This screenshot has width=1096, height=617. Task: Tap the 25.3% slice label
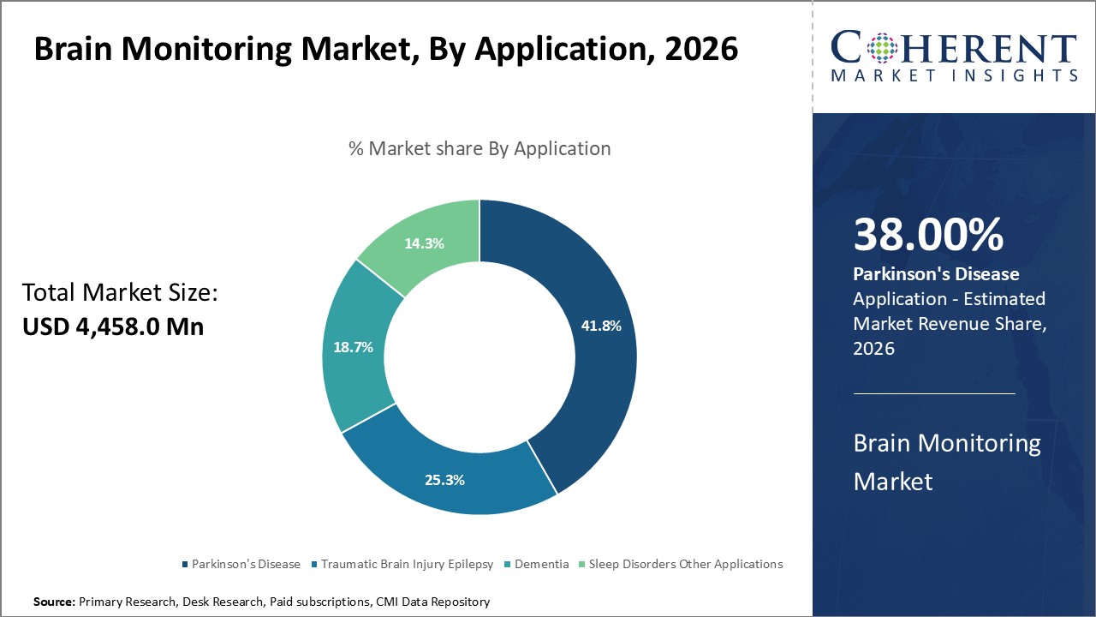point(444,480)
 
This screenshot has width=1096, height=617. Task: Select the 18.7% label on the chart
point(353,347)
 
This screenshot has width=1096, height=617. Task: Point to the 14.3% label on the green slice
point(424,243)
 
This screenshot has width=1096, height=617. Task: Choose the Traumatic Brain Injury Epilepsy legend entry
point(402,564)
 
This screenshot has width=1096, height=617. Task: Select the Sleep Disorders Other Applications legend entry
point(681,564)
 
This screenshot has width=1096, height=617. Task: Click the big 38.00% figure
point(928,236)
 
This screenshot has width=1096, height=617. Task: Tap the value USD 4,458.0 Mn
point(113,326)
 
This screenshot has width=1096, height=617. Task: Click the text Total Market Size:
point(120,293)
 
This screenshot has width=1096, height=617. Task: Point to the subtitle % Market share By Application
point(479,148)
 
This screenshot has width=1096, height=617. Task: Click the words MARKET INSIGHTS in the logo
point(953,75)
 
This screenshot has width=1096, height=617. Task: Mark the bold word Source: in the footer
point(55,602)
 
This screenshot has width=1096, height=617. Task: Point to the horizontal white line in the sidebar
point(934,393)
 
